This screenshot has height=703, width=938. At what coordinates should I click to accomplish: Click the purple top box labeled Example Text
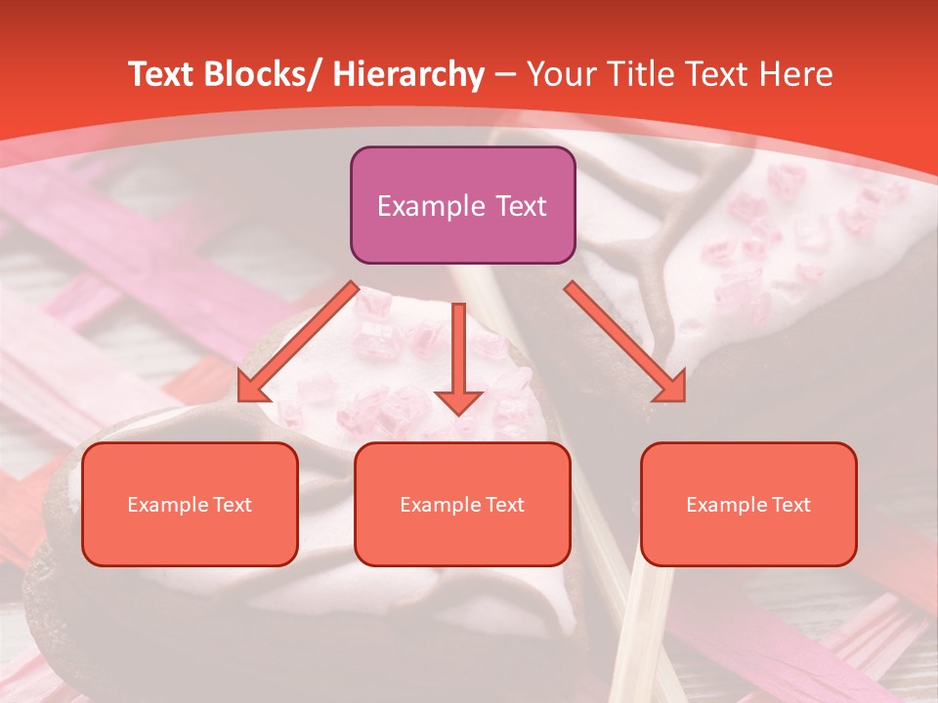pyautogui.click(x=462, y=205)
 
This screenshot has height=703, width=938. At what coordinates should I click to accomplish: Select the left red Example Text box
pyautogui.click(x=190, y=504)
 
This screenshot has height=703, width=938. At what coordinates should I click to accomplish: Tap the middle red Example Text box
pyautogui.click(x=462, y=504)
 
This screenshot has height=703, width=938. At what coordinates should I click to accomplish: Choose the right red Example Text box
pyautogui.click(x=748, y=504)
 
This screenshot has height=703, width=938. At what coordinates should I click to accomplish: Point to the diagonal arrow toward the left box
pyautogui.click(x=298, y=342)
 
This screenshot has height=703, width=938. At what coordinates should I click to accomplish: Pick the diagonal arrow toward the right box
pyautogui.click(x=625, y=342)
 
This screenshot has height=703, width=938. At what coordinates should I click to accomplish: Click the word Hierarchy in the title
pyautogui.click(x=408, y=75)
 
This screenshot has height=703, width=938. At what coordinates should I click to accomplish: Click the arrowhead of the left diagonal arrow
pyautogui.click(x=251, y=389)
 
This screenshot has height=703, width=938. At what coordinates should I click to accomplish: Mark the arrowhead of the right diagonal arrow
pyautogui.click(x=672, y=388)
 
